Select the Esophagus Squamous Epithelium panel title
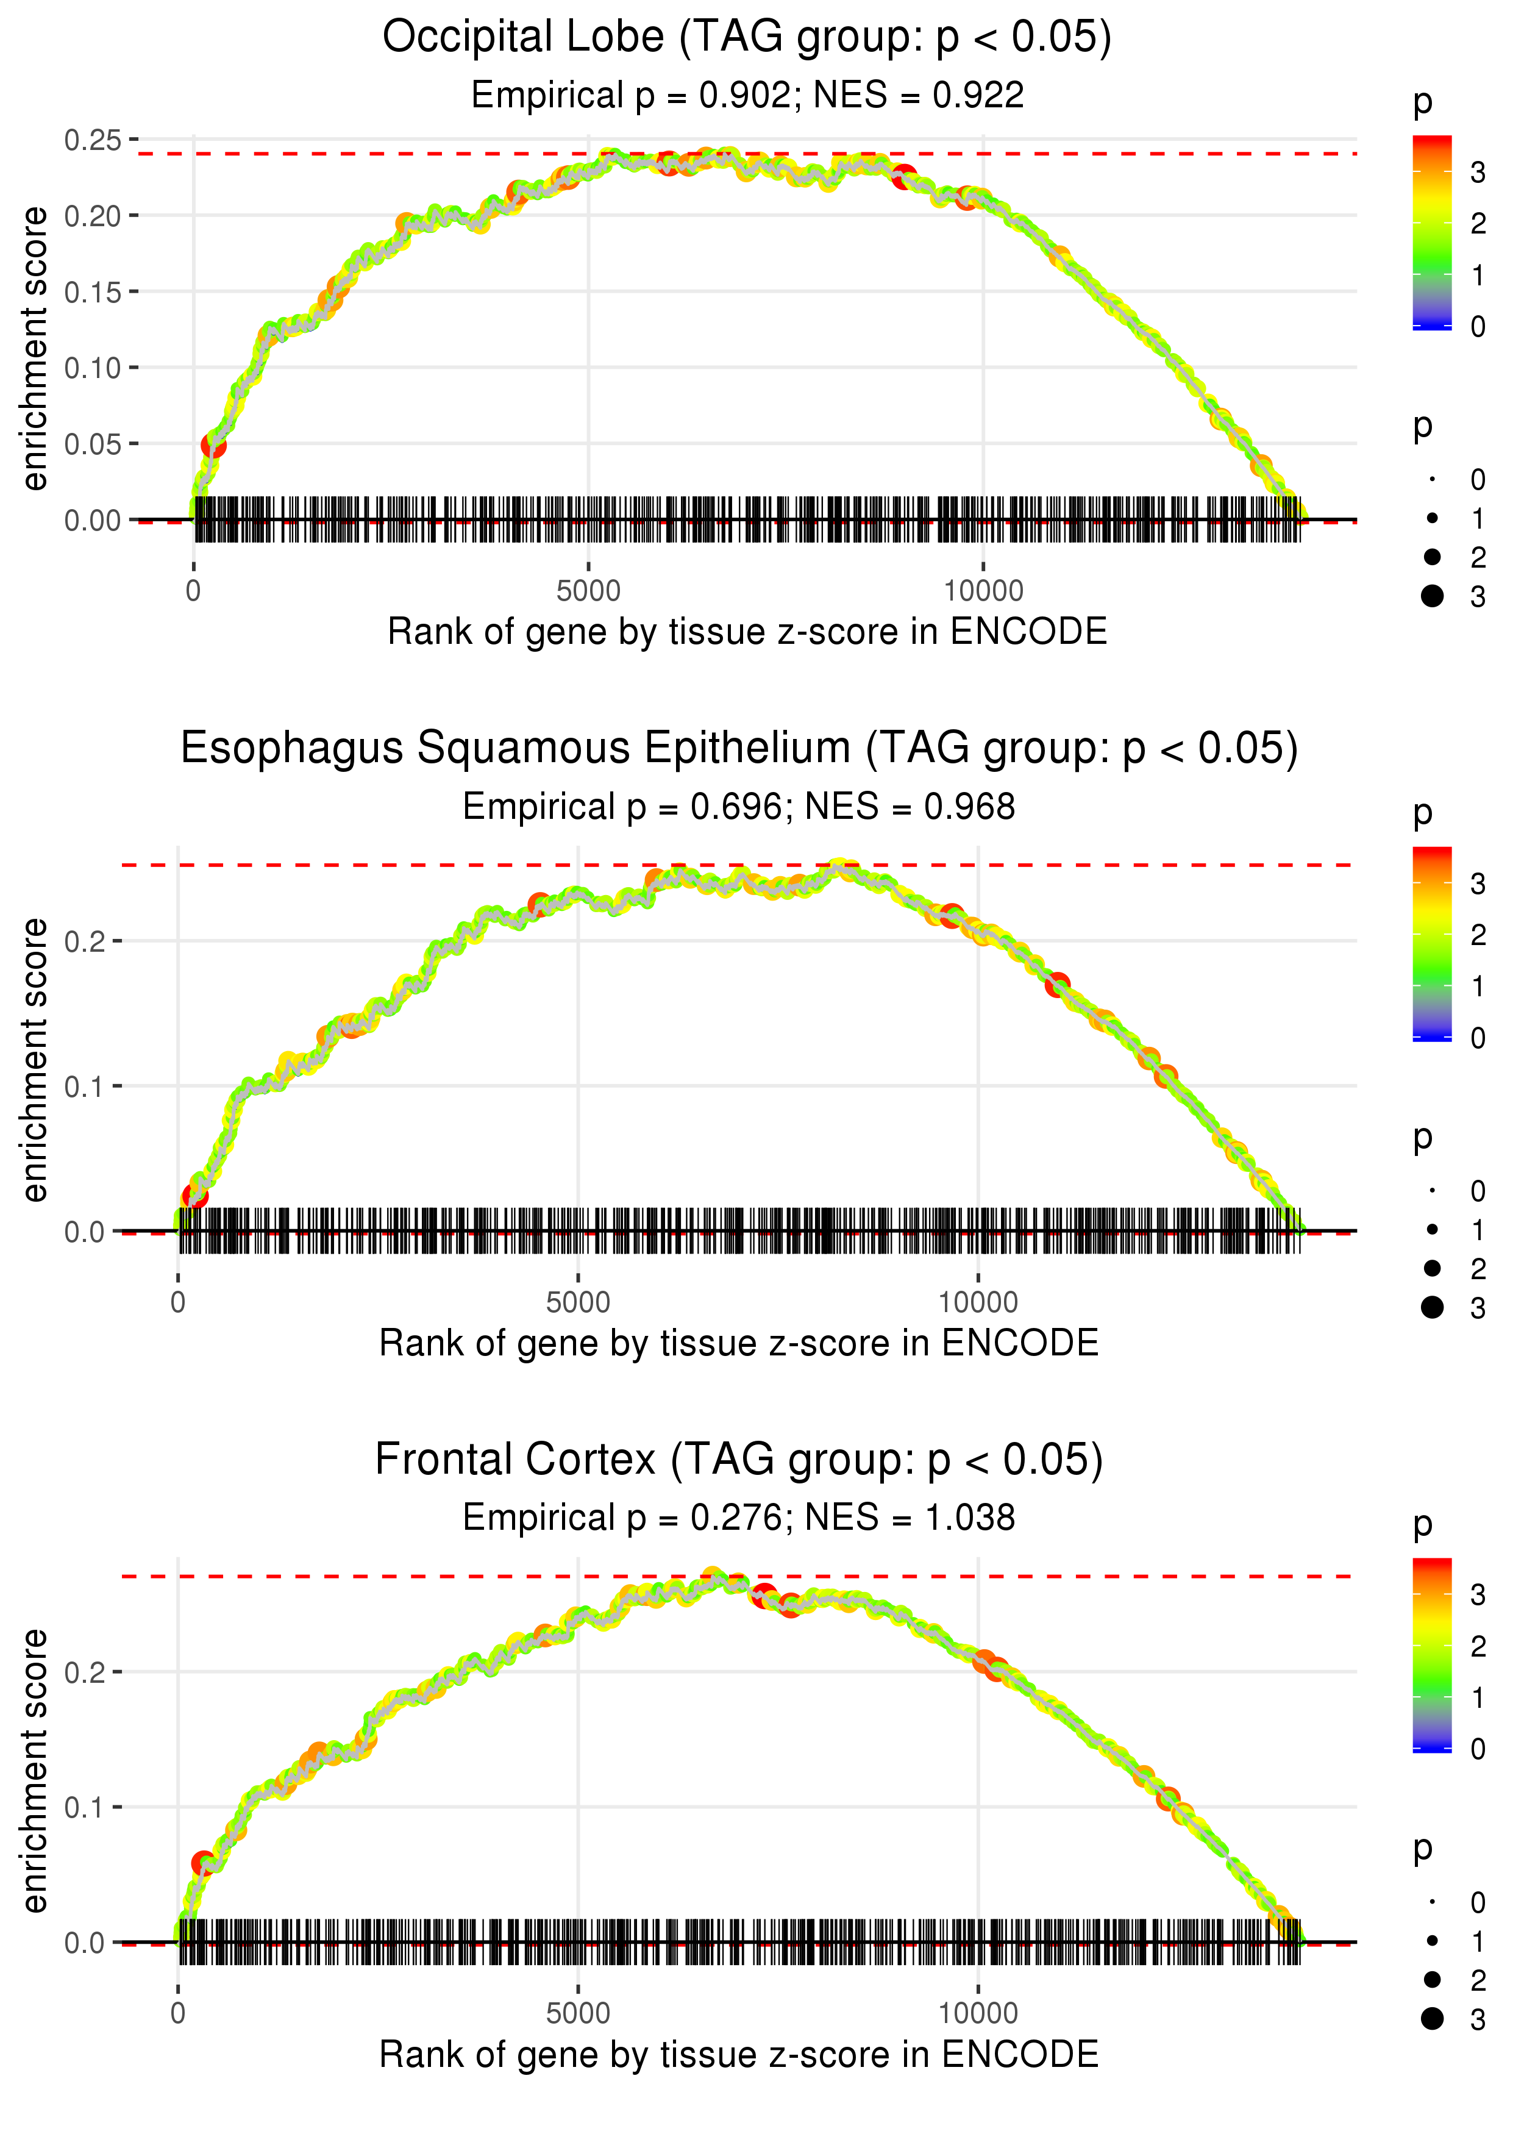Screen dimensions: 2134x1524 click(x=739, y=749)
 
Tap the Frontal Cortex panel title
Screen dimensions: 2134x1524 click(x=739, y=1459)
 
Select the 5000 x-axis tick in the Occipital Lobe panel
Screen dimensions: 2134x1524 click(x=588, y=591)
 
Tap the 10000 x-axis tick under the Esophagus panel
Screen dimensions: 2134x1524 click(x=978, y=1302)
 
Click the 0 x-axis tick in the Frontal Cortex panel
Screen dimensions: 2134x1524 click(x=178, y=2014)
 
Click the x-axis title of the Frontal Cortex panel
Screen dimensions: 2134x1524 click(x=739, y=2055)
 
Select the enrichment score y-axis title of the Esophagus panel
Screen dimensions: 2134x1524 click(x=35, y=1060)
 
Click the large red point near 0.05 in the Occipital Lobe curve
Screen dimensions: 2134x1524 click(x=213, y=445)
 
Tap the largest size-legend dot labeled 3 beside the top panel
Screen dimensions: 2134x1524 click(x=1432, y=596)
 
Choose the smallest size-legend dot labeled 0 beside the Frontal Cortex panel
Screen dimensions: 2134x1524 click(x=1432, y=1902)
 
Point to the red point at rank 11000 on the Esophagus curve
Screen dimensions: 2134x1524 click(x=1058, y=985)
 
